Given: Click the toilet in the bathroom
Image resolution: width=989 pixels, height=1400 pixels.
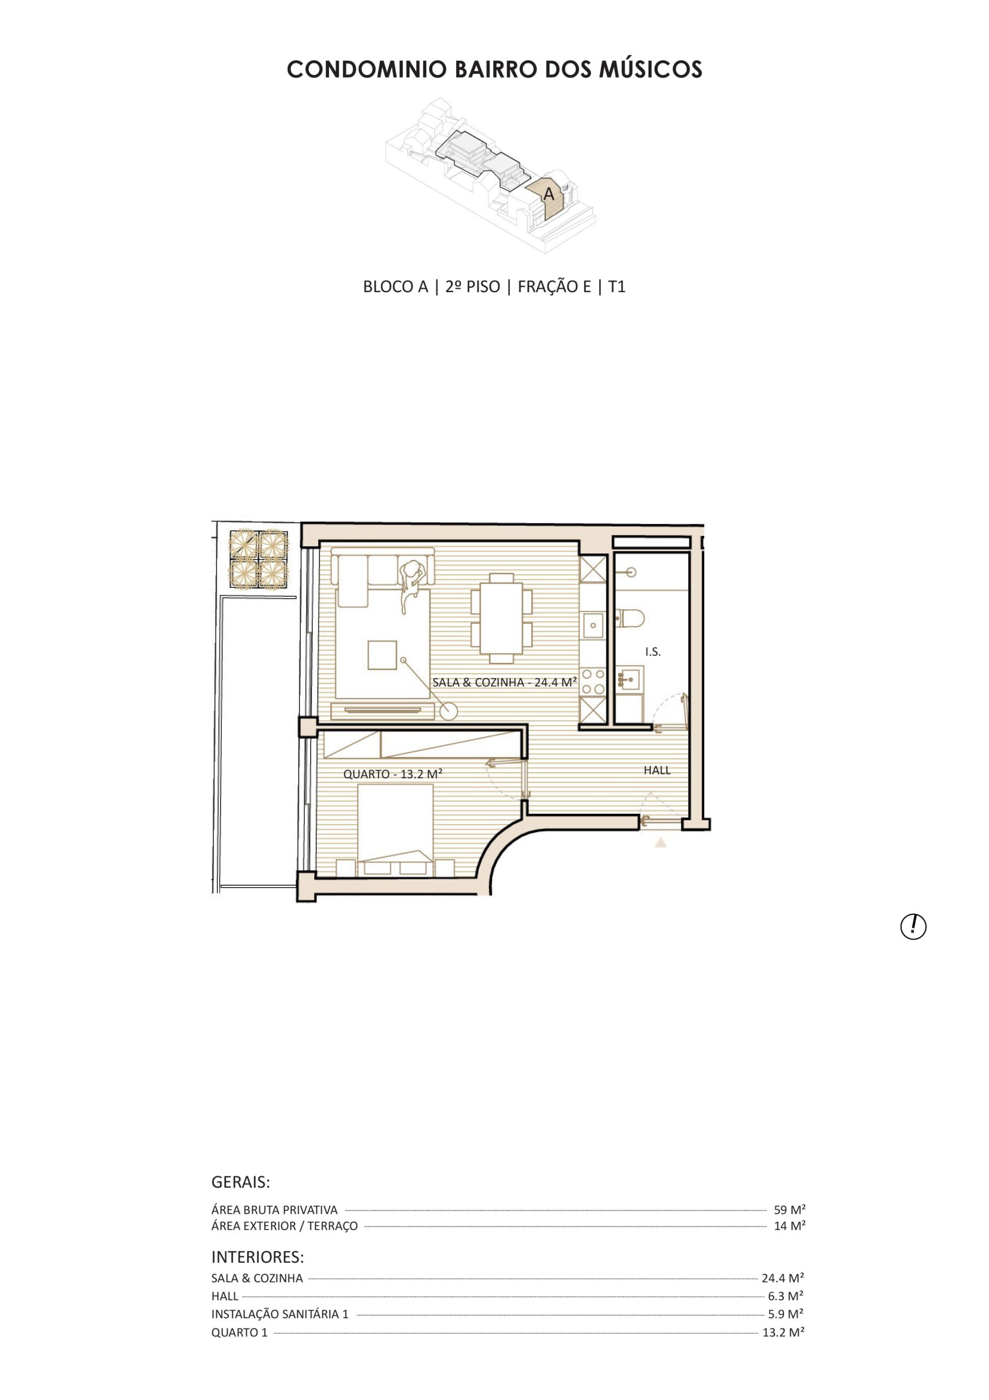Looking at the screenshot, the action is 630,619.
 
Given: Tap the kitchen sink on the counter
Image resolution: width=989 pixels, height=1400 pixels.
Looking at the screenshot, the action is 593,625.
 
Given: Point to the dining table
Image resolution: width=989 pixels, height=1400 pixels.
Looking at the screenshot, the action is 502,619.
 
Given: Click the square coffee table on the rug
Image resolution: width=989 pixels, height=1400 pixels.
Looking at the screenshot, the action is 382,655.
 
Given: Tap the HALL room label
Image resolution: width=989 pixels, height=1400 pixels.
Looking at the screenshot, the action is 657,770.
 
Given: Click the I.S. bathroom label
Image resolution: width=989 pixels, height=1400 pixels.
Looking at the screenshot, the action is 652,652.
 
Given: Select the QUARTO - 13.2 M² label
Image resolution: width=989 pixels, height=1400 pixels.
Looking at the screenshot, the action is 392,774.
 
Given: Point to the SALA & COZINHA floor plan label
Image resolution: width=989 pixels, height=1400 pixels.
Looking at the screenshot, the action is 504,682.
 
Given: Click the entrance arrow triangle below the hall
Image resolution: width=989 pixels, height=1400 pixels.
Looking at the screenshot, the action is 661,843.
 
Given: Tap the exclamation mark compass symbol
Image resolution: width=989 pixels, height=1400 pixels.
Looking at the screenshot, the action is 913,927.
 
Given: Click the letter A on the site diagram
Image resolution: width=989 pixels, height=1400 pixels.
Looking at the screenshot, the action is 549,194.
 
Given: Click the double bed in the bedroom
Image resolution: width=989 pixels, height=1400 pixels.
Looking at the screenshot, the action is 396,831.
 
